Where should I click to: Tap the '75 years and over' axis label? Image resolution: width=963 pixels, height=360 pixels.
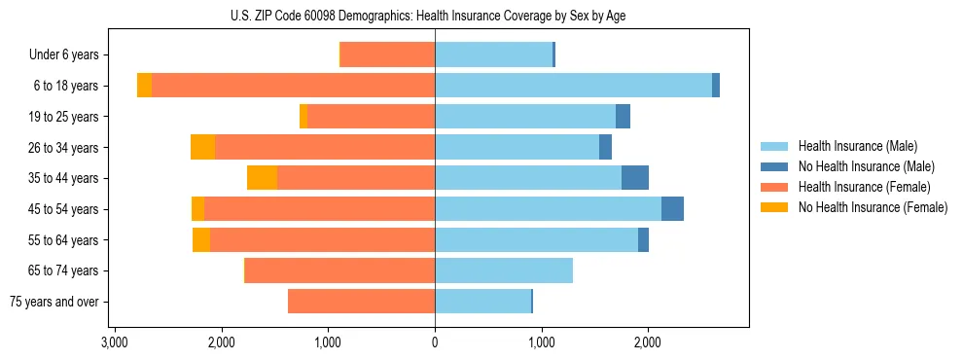(x=53, y=302)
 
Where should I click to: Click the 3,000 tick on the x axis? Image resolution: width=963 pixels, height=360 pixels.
(x=115, y=342)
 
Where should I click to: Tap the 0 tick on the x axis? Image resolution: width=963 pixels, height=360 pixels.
(x=435, y=342)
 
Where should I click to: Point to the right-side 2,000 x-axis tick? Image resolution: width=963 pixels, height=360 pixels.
(x=648, y=342)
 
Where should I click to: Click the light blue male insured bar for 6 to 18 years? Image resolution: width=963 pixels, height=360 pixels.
(x=573, y=86)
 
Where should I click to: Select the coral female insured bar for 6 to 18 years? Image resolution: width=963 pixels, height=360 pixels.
(x=293, y=86)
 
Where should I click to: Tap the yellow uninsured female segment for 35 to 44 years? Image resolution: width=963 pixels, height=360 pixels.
(x=262, y=178)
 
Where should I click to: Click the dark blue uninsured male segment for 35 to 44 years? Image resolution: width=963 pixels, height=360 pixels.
(x=635, y=178)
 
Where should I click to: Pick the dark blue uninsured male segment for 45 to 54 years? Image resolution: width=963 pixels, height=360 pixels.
(x=672, y=209)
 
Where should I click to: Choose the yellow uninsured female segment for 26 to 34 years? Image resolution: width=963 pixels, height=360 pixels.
(x=202, y=147)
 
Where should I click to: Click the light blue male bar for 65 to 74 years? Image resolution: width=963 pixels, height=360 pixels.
(x=504, y=270)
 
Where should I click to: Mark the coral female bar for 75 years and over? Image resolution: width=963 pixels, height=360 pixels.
(x=361, y=302)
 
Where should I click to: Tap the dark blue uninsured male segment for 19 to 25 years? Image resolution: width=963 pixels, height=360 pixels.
(x=623, y=117)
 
